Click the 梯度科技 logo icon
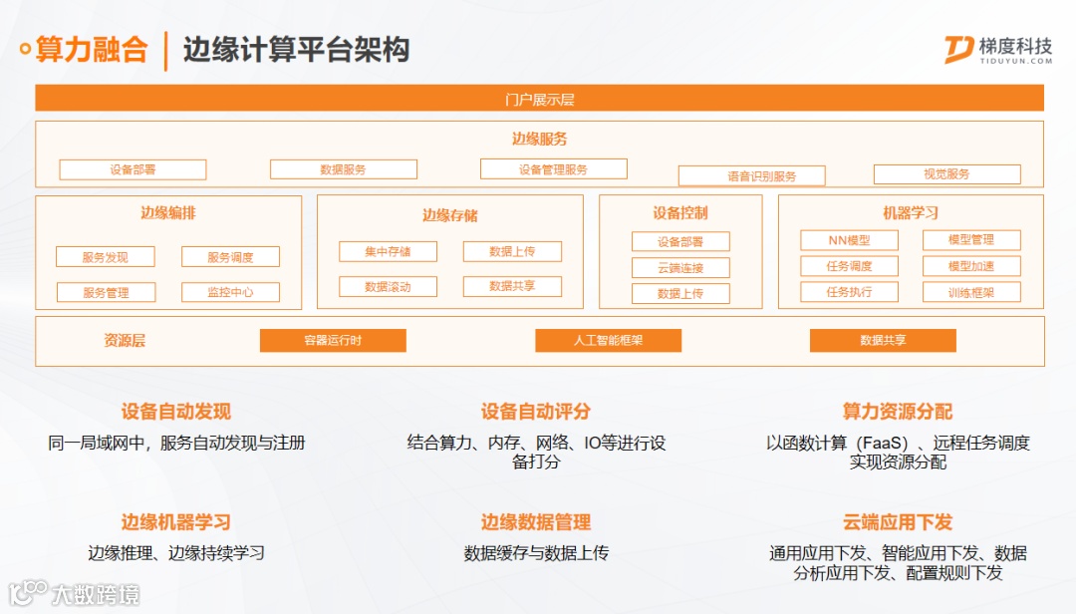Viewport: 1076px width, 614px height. [959, 49]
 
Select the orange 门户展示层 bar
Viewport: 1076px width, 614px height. [539, 99]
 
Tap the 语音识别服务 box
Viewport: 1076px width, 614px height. [751, 176]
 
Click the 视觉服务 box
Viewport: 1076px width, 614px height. [946, 174]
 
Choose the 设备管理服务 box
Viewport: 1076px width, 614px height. [553, 169]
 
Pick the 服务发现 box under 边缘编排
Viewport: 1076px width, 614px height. [106, 257]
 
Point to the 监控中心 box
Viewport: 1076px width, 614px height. [230, 293]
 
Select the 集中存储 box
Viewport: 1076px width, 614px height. [388, 252]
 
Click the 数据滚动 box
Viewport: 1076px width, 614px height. [388, 287]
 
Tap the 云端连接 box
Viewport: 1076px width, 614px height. [680, 268]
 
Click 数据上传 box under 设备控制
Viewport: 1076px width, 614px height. [680, 294]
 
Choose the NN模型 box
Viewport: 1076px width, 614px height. [849, 240]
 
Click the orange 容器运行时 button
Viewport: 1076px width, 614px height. [333, 341]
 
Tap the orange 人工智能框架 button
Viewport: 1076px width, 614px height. [608, 341]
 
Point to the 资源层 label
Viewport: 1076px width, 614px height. [125, 341]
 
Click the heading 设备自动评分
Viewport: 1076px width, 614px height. [536, 412]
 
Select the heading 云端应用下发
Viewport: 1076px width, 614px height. [898, 522]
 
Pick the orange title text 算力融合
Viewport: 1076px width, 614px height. [92, 49]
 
